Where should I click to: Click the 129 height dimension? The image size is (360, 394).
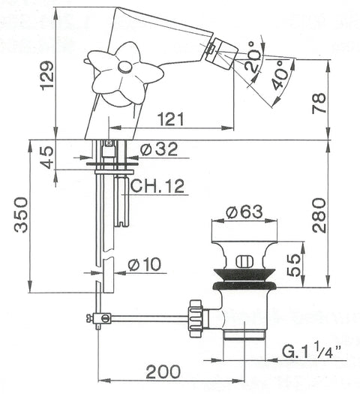47,76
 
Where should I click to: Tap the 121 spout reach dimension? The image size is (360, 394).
171,119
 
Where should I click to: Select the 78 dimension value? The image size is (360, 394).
319,103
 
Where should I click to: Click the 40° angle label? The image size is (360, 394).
280,75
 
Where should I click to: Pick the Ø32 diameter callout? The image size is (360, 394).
159,149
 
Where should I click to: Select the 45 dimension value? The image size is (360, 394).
47,158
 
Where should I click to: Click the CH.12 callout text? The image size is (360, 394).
157,186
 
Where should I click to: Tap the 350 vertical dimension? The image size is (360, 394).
21,215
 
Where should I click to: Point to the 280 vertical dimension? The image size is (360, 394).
319,215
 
